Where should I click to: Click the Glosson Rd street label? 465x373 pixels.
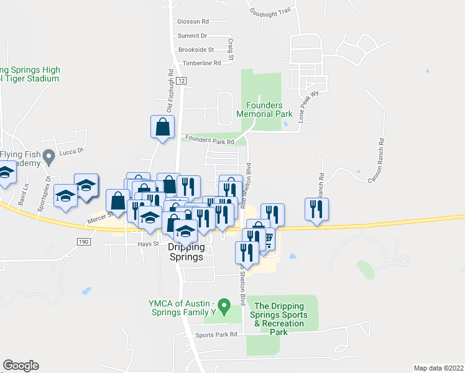pos(193,21)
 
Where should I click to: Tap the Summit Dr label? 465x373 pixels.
pos(191,36)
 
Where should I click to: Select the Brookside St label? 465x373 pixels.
pos(195,49)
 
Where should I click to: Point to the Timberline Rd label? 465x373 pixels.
pos(201,63)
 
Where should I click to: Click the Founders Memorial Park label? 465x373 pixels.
pos(264,110)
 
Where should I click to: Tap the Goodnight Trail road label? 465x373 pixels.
pos(270,11)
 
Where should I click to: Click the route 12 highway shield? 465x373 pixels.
pos(181,81)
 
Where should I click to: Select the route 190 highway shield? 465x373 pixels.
pos(84,241)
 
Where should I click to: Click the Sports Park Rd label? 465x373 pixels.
pos(216,334)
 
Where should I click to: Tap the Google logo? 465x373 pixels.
pos(21,366)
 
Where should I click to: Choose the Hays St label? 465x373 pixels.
pos(145,244)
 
